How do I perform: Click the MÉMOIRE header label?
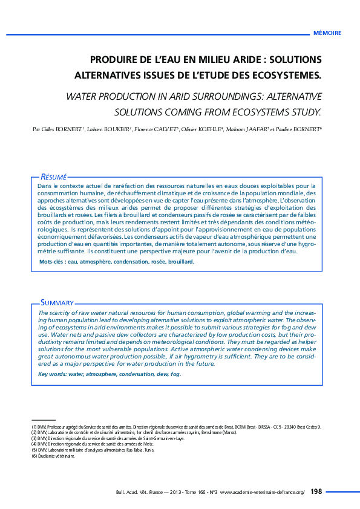tap(327, 33)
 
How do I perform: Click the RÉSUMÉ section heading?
tap(53, 175)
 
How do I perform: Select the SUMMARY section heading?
tap(57, 302)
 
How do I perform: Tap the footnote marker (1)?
tap(34, 427)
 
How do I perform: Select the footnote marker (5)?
tap(34, 450)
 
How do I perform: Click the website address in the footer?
tap(263, 493)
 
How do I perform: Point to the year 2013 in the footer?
tap(178, 493)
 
